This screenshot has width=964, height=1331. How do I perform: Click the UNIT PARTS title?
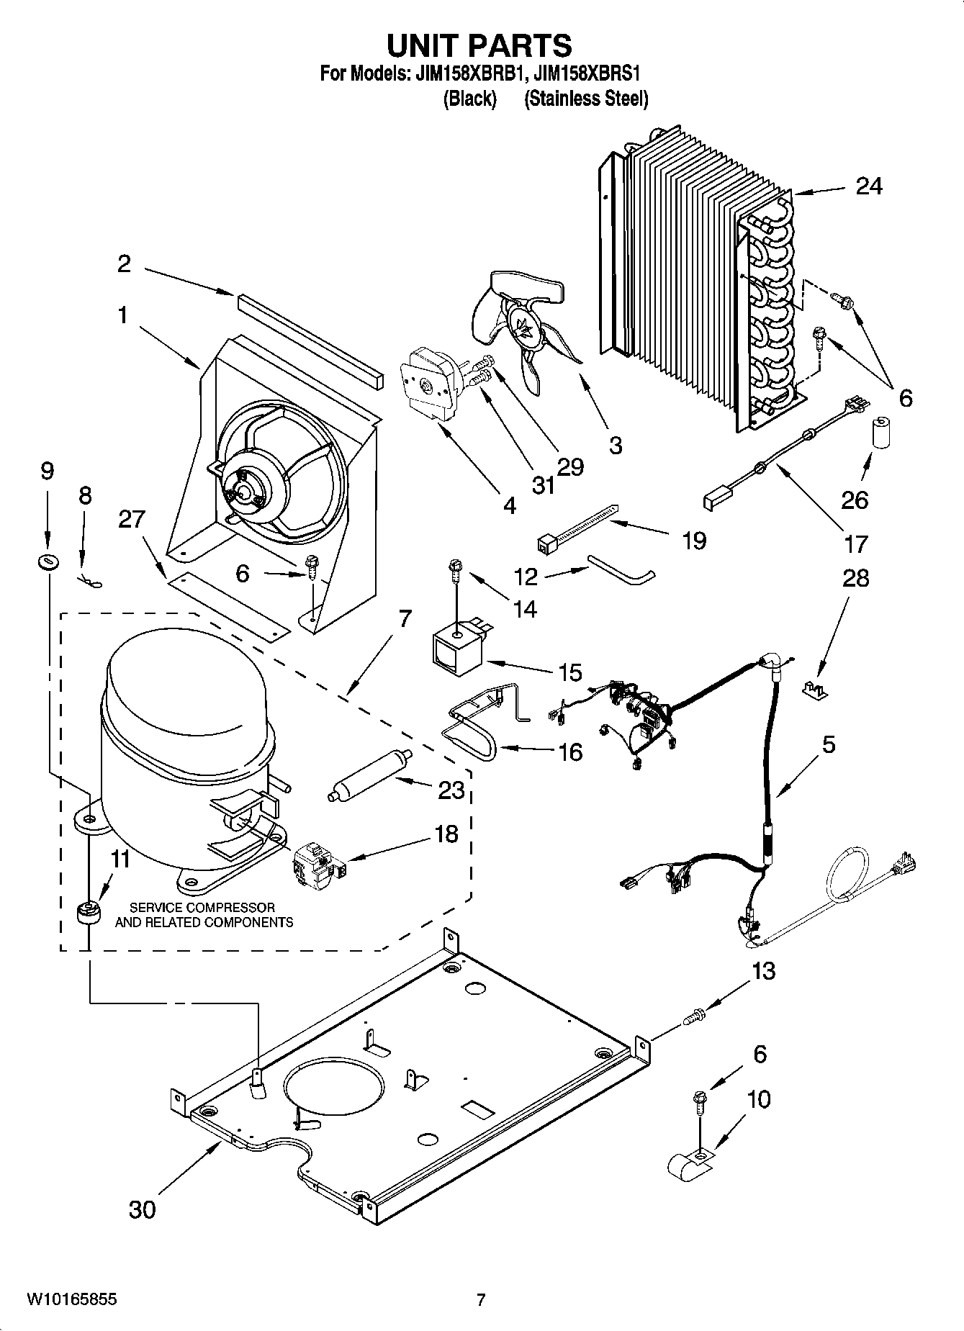pos(479,45)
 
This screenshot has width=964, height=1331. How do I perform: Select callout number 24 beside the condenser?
pos(868,186)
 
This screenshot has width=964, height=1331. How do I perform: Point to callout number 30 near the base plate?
pos(142,1209)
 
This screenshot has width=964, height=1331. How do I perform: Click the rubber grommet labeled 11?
pos(88,913)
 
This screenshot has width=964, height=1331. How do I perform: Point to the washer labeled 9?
pos(47,561)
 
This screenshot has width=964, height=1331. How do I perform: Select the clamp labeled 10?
pos(689,1161)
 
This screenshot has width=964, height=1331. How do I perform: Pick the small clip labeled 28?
pos(815,689)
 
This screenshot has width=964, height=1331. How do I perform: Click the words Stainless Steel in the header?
pos(586,99)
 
